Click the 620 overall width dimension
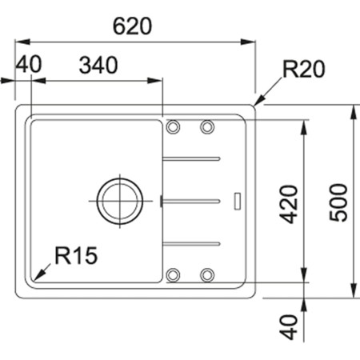pyautogui.click(x=133, y=26)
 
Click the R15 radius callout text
pyautogui.click(x=75, y=256)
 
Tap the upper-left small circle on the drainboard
pyautogui.click(x=173, y=126)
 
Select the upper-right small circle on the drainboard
pyautogui.click(x=206, y=126)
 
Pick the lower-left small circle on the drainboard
pyautogui.click(x=173, y=275)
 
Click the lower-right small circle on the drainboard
pyautogui.click(x=206, y=275)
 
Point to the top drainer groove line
pyautogui.click(x=191, y=158)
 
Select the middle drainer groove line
pyautogui.click(x=191, y=198)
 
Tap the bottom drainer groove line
pyautogui.click(x=191, y=241)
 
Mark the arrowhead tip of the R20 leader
pyautogui.click(x=257, y=103)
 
